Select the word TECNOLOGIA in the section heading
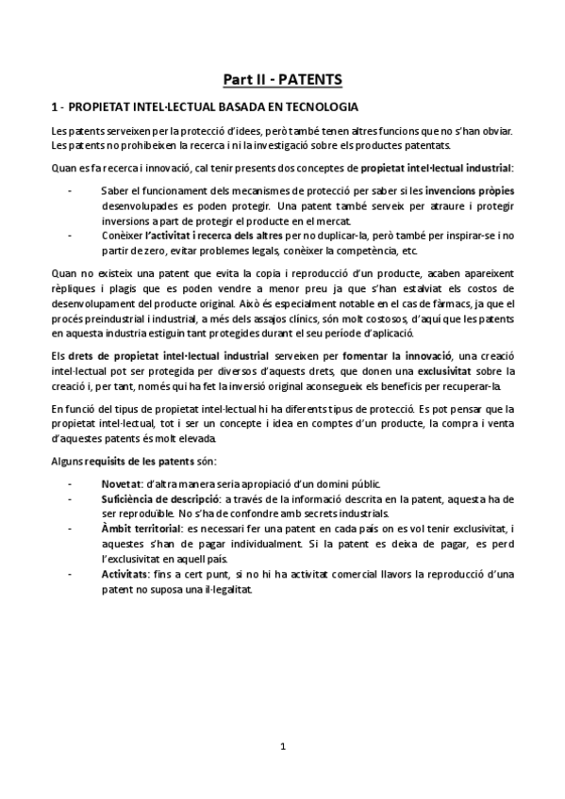(x=318, y=106)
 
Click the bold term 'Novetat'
(x=122, y=482)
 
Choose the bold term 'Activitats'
(x=125, y=575)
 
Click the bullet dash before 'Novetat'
(x=70, y=482)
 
